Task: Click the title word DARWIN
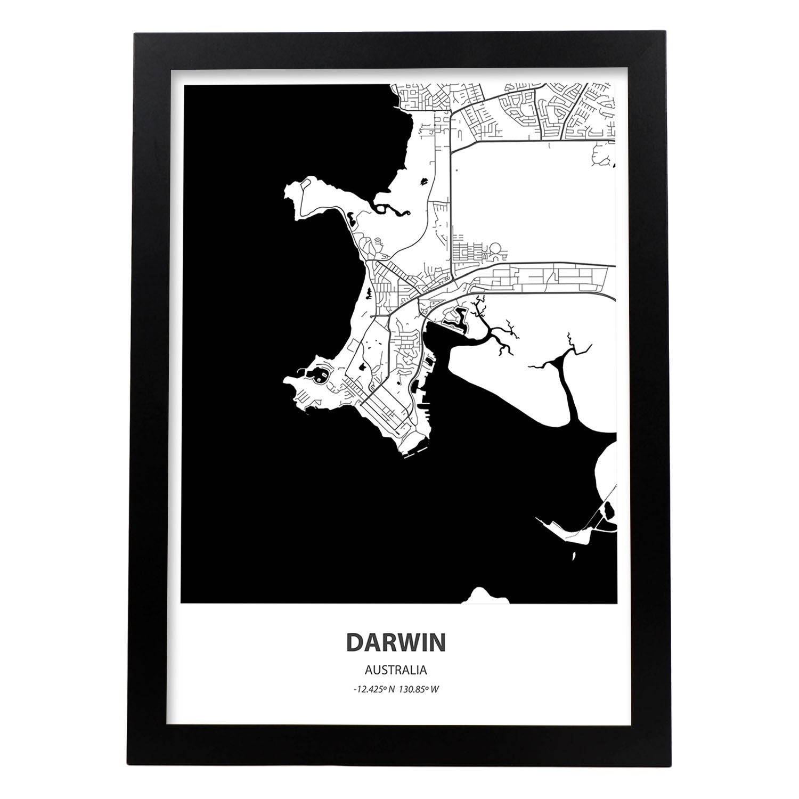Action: [x=396, y=642]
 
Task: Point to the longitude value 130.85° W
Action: [x=421, y=689]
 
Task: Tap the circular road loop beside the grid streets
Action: [x=495, y=249]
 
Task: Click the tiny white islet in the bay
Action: [x=573, y=556]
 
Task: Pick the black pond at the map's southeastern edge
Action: [x=609, y=511]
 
